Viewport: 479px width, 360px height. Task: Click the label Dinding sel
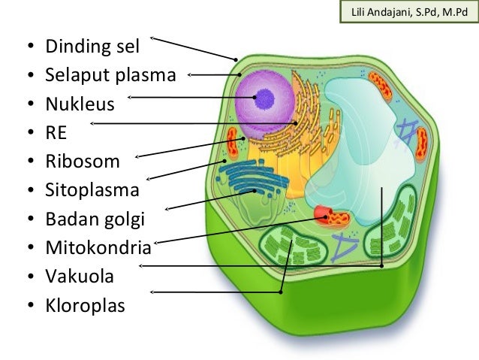[93, 48]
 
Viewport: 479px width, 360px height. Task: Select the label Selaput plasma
[110, 75]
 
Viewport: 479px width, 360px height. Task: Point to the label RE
[57, 132]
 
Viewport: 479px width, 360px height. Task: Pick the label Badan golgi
[95, 219]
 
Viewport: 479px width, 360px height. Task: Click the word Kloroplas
[85, 306]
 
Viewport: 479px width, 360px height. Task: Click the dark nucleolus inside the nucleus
[264, 95]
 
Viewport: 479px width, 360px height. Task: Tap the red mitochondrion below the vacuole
[331, 217]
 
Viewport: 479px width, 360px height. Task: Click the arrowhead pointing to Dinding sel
[153, 37]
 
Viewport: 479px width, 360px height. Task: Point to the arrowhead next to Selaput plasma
[190, 74]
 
